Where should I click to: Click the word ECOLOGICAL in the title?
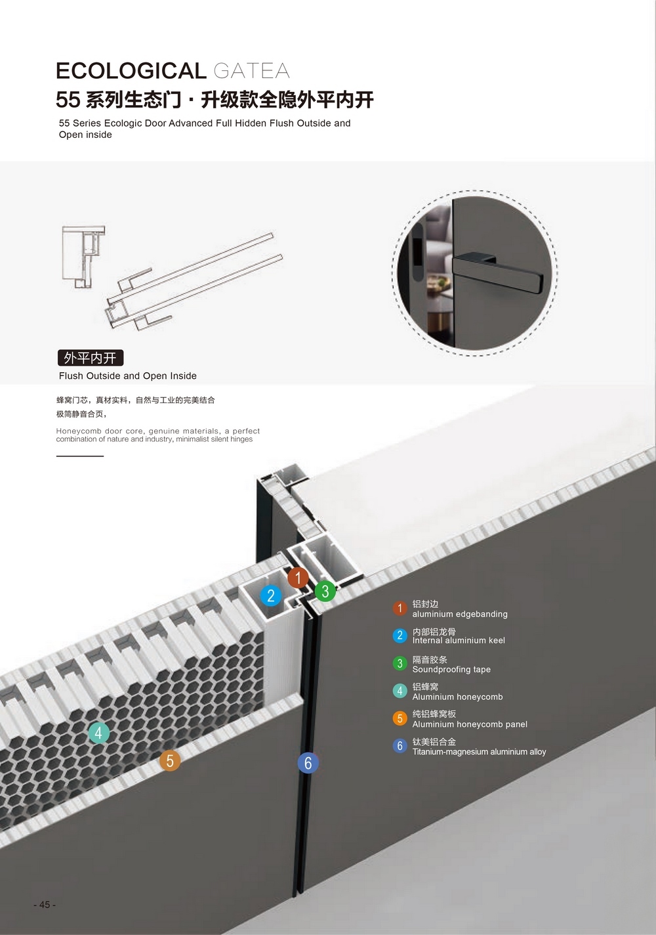(131, 71)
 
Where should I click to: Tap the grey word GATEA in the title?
(252, 71)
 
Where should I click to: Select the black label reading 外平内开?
(90, 358)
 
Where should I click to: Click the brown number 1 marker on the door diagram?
(298, 578)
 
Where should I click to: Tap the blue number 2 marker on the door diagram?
(271, 596)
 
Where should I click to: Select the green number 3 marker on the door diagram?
(325, 591)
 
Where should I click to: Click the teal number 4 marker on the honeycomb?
(99, 733)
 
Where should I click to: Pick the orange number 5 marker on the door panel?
(170, 760)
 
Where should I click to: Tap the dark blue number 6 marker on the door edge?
(308, 763)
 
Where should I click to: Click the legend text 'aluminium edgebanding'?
(460, 614)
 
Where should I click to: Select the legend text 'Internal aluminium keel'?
(459, 640)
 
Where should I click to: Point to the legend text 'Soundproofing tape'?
(451, 670)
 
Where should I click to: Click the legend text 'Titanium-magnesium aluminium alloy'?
(479, 752)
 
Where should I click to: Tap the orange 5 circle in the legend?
(400, 718)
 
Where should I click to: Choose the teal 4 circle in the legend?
(400, 691)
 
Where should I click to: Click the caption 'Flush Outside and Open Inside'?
(128, 376)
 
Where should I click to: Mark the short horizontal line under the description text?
(79, 456)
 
